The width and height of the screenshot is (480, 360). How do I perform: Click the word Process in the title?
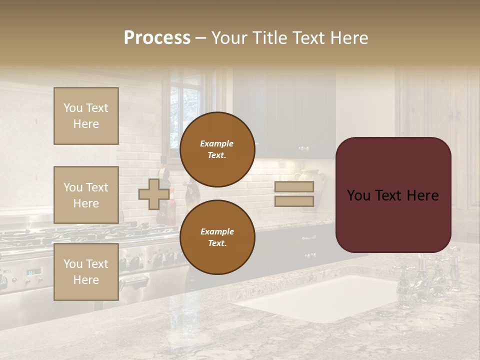157,38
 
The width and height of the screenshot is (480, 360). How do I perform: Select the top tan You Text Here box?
86,116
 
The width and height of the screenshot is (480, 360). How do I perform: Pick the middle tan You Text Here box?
86,195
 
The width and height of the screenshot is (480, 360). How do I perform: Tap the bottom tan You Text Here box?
86,272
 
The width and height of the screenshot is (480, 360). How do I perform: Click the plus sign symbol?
153,194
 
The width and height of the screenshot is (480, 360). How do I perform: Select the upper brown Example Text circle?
217,149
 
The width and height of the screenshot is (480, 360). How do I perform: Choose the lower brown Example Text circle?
217,237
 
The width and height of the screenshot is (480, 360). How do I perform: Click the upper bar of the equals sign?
294,187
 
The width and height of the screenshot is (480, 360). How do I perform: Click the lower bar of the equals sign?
294,201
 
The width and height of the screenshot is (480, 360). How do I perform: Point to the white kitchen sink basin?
320,297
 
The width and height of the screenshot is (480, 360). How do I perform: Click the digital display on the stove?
33,272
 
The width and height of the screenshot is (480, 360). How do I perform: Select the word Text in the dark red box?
392,195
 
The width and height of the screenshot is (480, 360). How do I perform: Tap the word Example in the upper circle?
217,143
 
